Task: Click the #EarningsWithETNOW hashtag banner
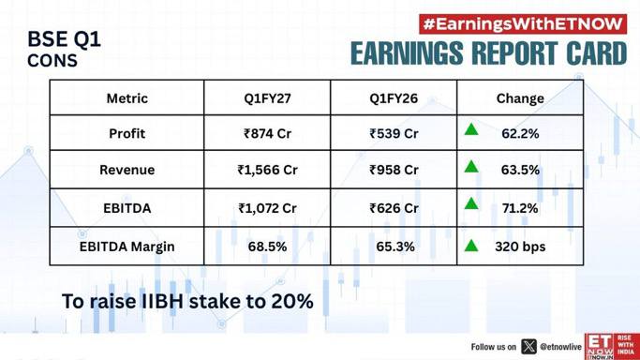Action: [523, 24]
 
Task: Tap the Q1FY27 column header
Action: [267, 98]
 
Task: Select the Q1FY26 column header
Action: [394, 98]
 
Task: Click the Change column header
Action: [520, 98]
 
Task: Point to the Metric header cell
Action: [127, 98]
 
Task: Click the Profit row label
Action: [127, 133]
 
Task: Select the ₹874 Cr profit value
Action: [267, 133]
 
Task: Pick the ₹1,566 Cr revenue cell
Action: [267, 170]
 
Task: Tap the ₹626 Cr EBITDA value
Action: [394, 208]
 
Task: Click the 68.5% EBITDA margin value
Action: [267, 247]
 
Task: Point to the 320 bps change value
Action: [520, 247]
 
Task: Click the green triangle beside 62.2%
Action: [471, 130]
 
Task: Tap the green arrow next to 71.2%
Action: [471, 203]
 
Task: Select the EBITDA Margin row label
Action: [127, 247]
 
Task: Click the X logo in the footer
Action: [528, 347]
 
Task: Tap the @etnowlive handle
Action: [560, 347]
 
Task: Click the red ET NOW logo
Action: [612, 347]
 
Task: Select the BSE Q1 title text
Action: [64, 39]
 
